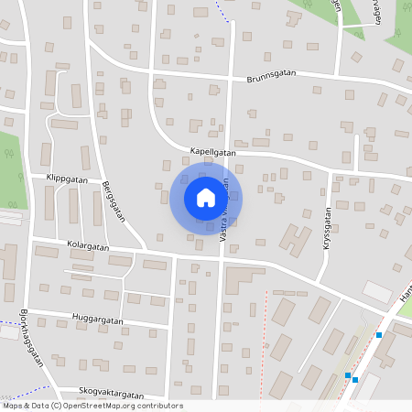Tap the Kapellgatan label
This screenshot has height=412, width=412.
212,153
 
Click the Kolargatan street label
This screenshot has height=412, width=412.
87,247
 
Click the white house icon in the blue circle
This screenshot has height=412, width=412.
205,198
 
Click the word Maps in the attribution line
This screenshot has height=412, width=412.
14,406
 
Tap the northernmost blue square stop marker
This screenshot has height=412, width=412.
378,335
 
